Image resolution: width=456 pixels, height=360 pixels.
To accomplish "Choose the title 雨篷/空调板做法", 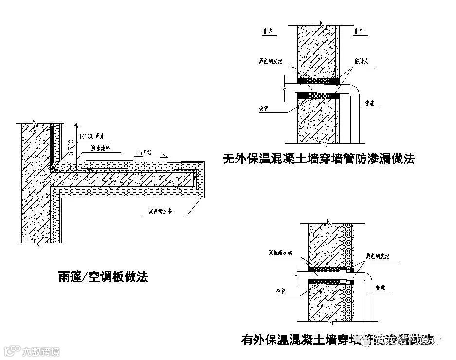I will click(x=103, y=277).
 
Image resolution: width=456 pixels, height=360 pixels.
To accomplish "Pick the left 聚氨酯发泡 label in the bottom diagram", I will click(x=280, y=253).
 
